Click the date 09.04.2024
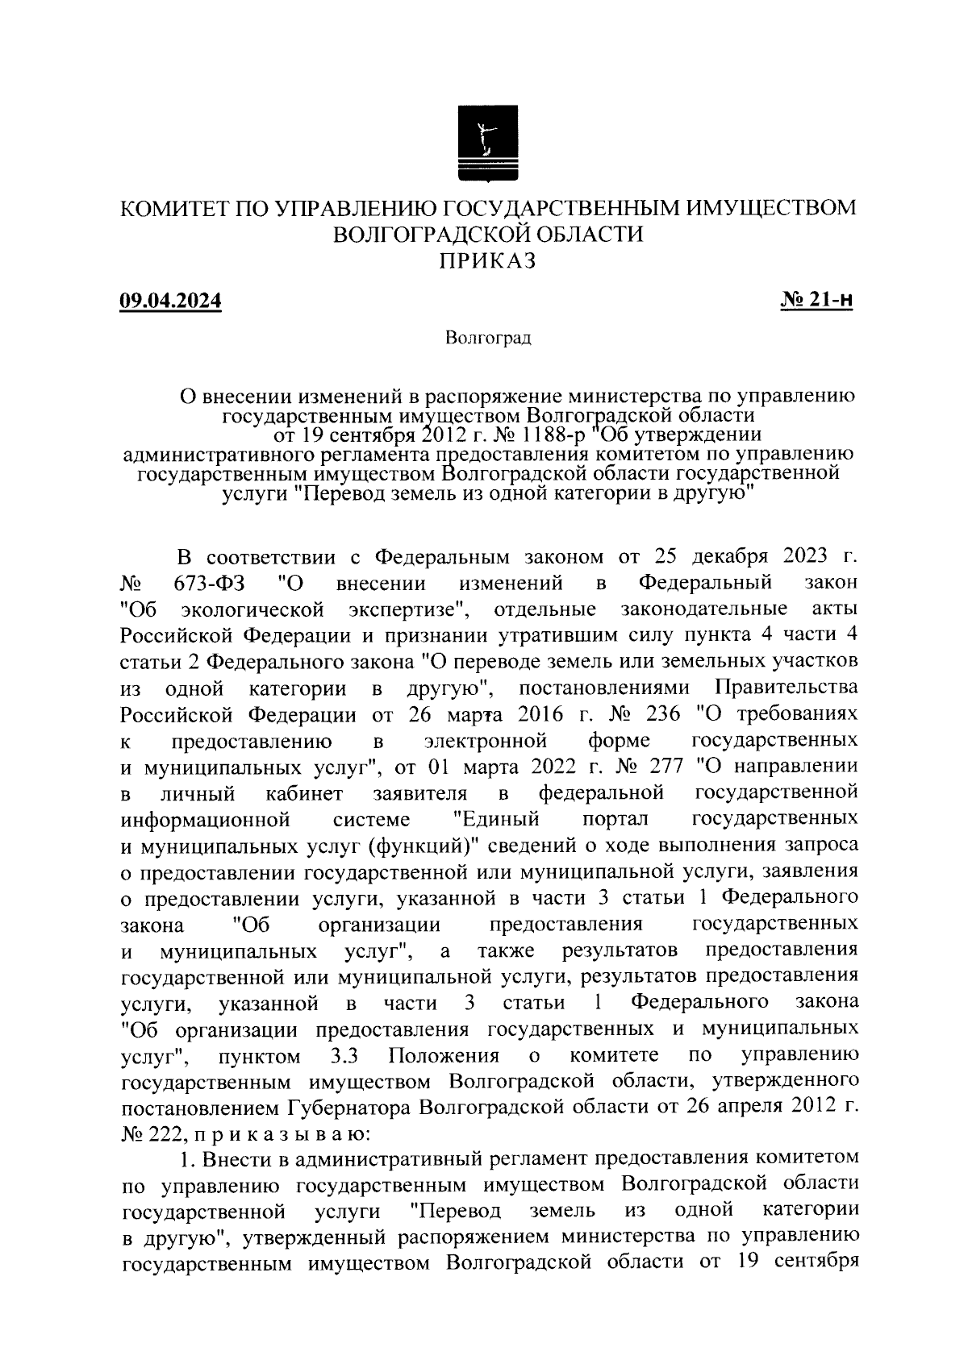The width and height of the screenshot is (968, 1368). tap(170, 301)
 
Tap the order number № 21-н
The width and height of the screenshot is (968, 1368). tap(816, 301)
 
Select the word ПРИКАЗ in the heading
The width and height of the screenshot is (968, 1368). tap(487, 260)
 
